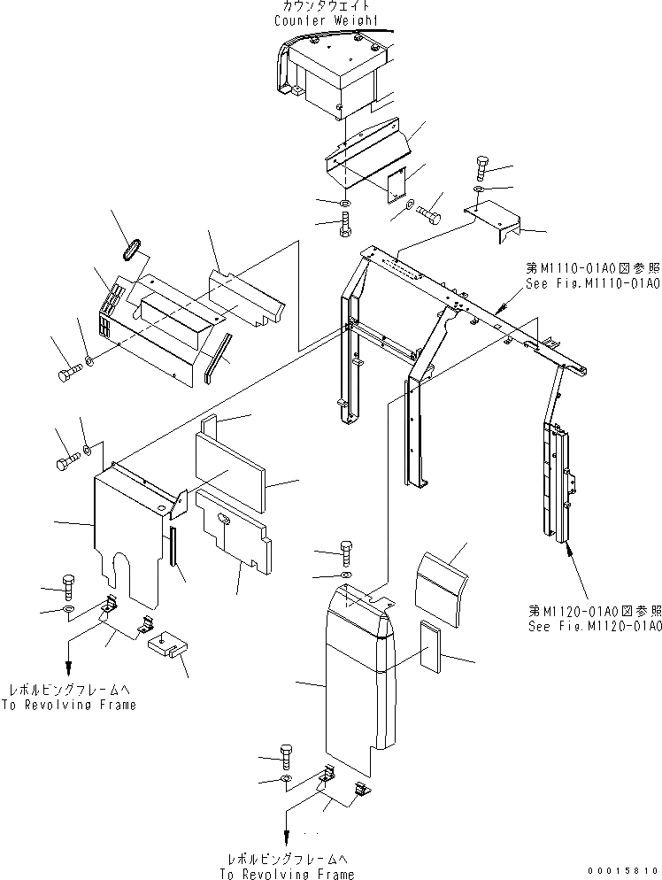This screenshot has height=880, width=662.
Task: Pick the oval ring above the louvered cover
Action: pyautogui.click(x=130, y=248)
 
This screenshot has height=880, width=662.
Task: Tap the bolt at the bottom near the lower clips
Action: pyautogui.click(x=288, y=753)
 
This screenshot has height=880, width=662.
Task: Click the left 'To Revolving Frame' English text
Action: pyautogui.click(x=70, y=705)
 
